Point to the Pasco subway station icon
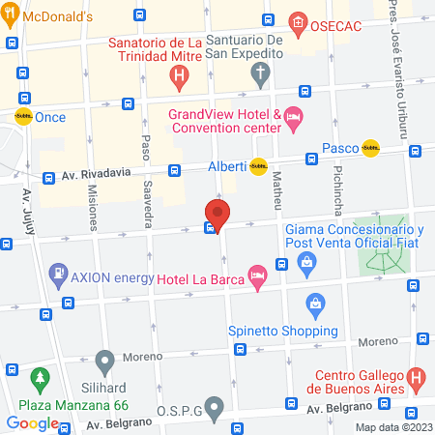click(369, 149)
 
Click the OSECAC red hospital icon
click(299, 23)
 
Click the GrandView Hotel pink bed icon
click(294, 119)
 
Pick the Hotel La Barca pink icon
click(256, 276)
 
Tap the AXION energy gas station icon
click(61, 275)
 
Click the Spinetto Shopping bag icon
click(314, 304)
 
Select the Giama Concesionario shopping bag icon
click(306, 261)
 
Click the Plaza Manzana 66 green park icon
click(40, 375)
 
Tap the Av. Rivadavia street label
click(95, 175)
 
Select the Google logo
click(32, 422)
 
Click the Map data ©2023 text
click(392, 426)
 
